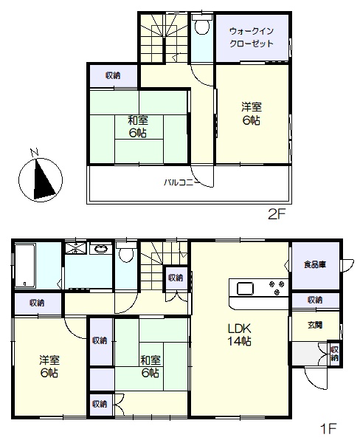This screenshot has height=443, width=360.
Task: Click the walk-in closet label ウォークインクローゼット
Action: [x=252, y=38]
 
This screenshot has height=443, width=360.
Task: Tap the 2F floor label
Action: [x=277, y=215]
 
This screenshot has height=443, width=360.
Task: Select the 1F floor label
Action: [x=328, y=429]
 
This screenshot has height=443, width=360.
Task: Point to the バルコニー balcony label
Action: [x=182, y=182]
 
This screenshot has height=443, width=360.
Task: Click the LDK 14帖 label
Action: [x=240, y=334]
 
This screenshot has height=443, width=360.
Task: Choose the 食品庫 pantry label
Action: [x=315, y=265]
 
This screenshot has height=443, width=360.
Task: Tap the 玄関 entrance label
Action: [x=315, y=325]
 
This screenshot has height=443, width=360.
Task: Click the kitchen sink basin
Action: [x=245, y=289]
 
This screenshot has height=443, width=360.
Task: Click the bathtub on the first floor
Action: [x=25, y=266]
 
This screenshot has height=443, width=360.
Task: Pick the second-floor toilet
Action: [x=202, y=24]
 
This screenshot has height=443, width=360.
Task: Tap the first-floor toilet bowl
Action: [x=126, y=253]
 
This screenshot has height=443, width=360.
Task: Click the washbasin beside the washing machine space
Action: [x=101, y=250]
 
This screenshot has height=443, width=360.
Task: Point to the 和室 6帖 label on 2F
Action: [x=138, y=126]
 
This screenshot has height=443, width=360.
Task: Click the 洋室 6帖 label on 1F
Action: [x=49, y=366]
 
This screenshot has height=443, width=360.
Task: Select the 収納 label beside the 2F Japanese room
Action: [x=113, y=75]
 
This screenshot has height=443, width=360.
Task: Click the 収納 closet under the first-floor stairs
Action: [x=176, y=278]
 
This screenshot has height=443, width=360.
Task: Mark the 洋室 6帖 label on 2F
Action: [x=252, y=114]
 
